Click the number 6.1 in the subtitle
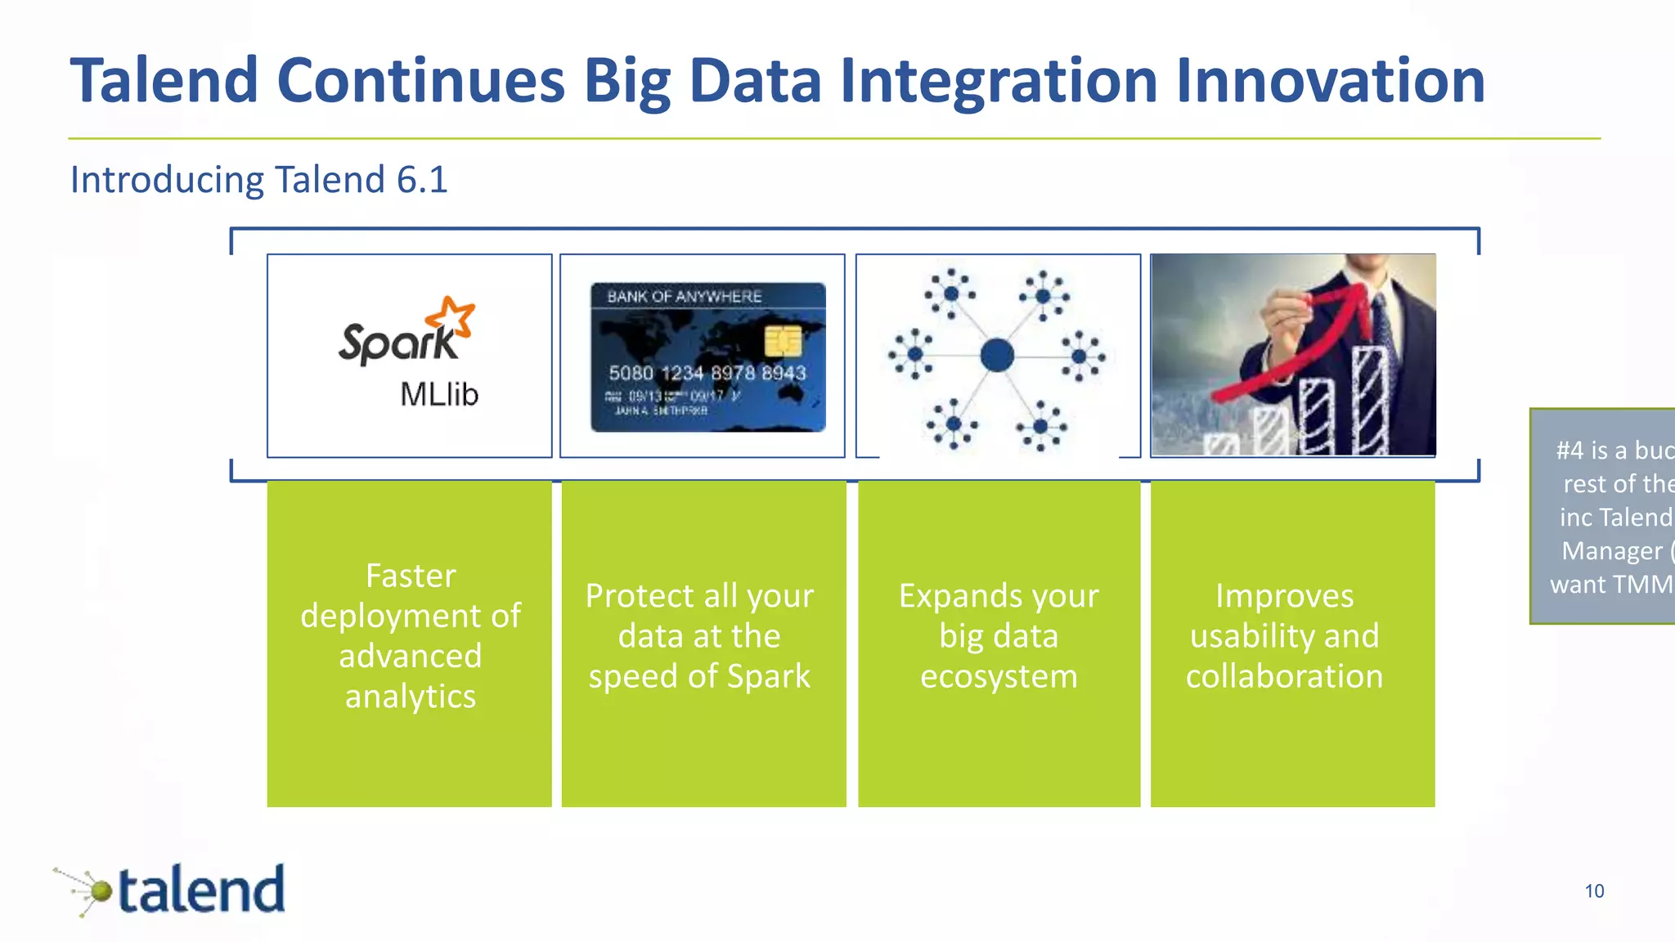pyautogui.click(x=422, y=180)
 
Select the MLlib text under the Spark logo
pyautogui.click(x=439, y=395)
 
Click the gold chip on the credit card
pyautogui.click(x=782, y=341)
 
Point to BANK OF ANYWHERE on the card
pyautogui.click(x=684, y=297)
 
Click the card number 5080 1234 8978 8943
pyautogui.click(x=707, y=374)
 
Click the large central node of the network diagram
pyautogui.click(x=997, y=356)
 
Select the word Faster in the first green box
pyautogui.click(x=410, y=576)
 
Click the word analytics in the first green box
pyautogui.click(x=410, y=697)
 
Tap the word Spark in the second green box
pyautogui.click(x=768, y=677)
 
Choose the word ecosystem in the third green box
pyautogui.click(x=999, y=677)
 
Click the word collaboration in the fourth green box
pyautogui.click(x=1284, y=677)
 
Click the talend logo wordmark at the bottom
pyautogui.click(x=202, y=890)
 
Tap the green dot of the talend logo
pyautogui.click(x=101, y=890)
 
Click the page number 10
pyautogui.click(x=1594, y=891)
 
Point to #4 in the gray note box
pyautogui.click(x=1569, y=451)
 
